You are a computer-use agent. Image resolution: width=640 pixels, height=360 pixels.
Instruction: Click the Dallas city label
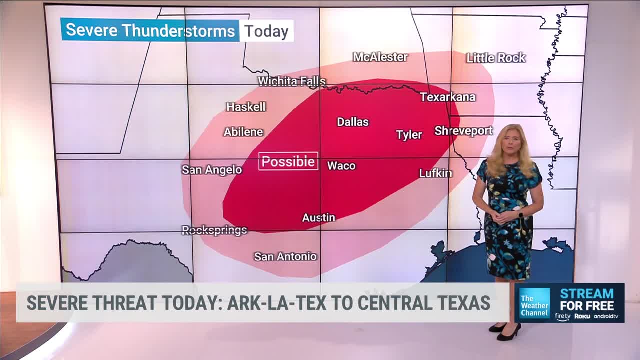click(353, 122)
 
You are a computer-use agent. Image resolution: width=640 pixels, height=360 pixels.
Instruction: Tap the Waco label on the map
click(341, 166)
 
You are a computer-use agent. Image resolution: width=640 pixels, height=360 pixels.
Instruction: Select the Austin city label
click(318, 218)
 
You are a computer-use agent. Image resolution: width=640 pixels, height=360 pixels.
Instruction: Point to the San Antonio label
click(285, 256)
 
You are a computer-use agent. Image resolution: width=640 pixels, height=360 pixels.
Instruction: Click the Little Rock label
click(496, 58)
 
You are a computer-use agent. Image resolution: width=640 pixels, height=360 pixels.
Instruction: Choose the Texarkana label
click(447, 97)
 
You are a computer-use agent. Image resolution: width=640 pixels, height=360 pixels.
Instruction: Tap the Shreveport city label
click(463, 131)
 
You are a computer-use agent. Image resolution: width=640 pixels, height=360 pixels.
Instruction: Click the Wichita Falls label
click(292, 81)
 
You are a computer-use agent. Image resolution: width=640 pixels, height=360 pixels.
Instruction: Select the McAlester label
click(380, 57)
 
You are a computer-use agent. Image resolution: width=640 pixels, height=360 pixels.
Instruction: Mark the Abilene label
click(243, 132)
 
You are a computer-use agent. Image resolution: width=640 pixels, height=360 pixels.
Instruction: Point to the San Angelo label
click(212, 170)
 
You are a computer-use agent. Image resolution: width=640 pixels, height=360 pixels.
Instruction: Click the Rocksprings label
click(214, 230)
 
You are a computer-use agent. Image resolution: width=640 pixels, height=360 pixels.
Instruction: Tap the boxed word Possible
click(288, 161)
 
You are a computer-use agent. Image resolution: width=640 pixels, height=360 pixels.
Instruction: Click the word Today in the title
click(266, 31)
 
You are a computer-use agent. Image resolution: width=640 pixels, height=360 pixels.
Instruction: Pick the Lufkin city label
click(435, 173)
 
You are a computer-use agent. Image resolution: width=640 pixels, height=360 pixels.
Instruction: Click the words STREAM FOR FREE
click(587, 299)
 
